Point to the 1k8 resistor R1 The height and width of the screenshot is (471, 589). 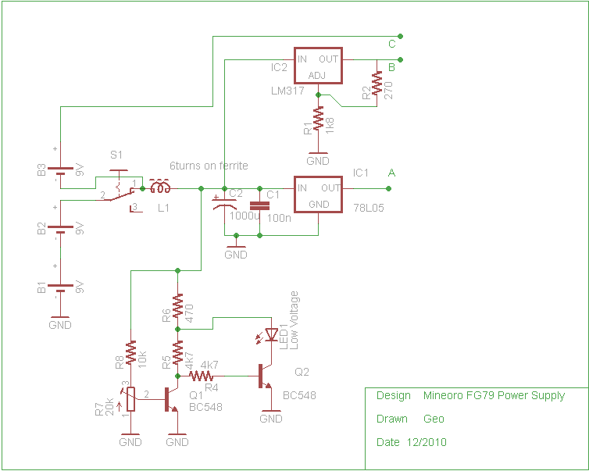click(x=318, y=118)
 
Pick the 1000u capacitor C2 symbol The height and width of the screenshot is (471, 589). click(x=224, y=202)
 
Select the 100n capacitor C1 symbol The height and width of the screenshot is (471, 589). click(x=259, y=205)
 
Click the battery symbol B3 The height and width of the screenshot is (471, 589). click(x=60, y=171)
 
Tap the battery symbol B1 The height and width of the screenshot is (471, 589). click(x=60, y=288)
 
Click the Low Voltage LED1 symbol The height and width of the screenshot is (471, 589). click(x=270, y=335)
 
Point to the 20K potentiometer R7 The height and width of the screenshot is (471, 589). click(x=130, y=399)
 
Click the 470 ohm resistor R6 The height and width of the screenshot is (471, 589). click(x=177, y=305)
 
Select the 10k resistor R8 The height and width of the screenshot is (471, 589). click(x=130, y=353)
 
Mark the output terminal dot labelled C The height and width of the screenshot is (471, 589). click(x=401, y=37)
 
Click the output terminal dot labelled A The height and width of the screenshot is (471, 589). click(x=389, y=188)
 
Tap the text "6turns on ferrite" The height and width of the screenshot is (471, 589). click(x=209, y=166)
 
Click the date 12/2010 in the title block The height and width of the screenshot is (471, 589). click(x=427, y=442)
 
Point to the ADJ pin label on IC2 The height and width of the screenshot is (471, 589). click(x=317, y=76)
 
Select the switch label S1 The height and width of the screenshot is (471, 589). click(x=116, y=155)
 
